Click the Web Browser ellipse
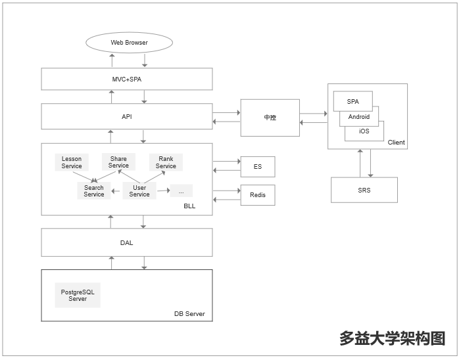pos(129,43)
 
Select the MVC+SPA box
pos(127,79)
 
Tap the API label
pos(127,116)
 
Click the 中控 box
pos(270,118)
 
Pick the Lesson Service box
pos(72,162)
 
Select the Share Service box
pos(118,162)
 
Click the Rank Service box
pos(166,162)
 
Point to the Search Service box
pos(94,191)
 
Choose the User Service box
pos(139,191)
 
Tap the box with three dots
pos(181,191)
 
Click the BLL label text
pos(189,206)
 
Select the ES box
pos(258,167)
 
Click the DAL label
pos(127,242)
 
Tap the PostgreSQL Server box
pos(78,296)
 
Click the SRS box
pos(364,190)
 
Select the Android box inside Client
pos(359,117)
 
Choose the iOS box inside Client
pos(364,131)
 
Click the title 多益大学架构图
pos(392,338)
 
